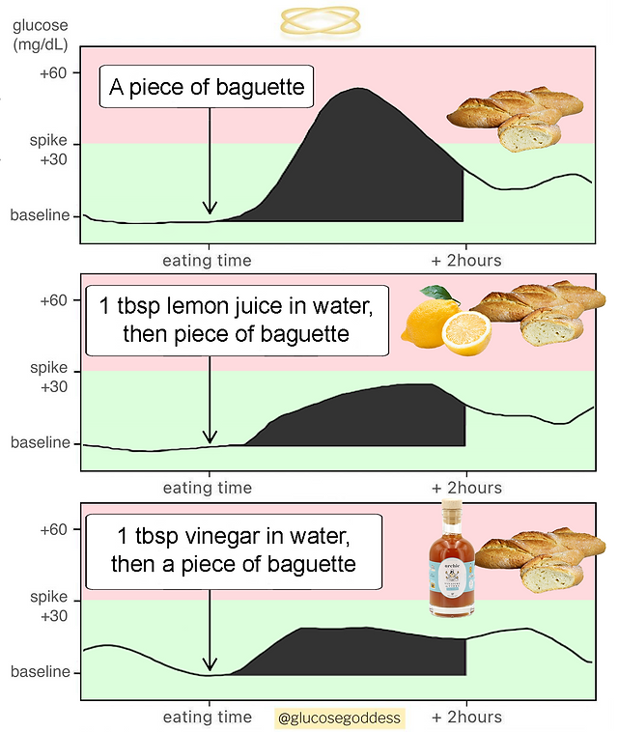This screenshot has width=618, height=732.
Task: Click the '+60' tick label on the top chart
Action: pos(53,71)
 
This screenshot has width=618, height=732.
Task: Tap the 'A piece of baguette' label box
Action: pos(209,89)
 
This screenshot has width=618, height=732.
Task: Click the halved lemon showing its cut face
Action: pos(466,332)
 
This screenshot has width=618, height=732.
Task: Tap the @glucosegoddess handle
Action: pos(339,718)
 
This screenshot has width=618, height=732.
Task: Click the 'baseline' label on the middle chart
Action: pos(41,443)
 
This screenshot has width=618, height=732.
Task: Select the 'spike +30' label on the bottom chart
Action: pos(48,606)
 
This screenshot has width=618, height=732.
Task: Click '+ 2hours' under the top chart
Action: pos(466,260)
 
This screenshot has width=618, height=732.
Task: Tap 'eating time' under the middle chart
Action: pos(207,488)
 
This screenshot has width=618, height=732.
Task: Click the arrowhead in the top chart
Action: pos(210,208)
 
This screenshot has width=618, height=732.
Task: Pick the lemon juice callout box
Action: pos(236,321)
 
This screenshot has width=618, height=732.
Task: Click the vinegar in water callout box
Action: pos(234,549)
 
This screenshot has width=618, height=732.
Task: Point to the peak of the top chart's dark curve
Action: pos(359,90)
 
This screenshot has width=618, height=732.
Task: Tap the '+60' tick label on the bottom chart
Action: pos(53,529)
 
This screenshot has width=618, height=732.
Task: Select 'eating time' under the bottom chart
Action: pos(207,717)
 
